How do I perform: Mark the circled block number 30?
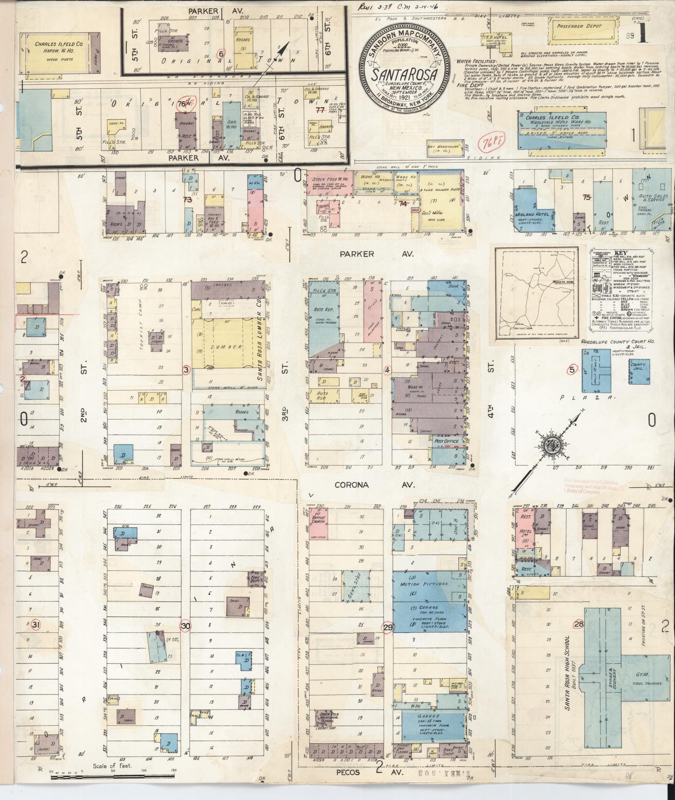point(186,626)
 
